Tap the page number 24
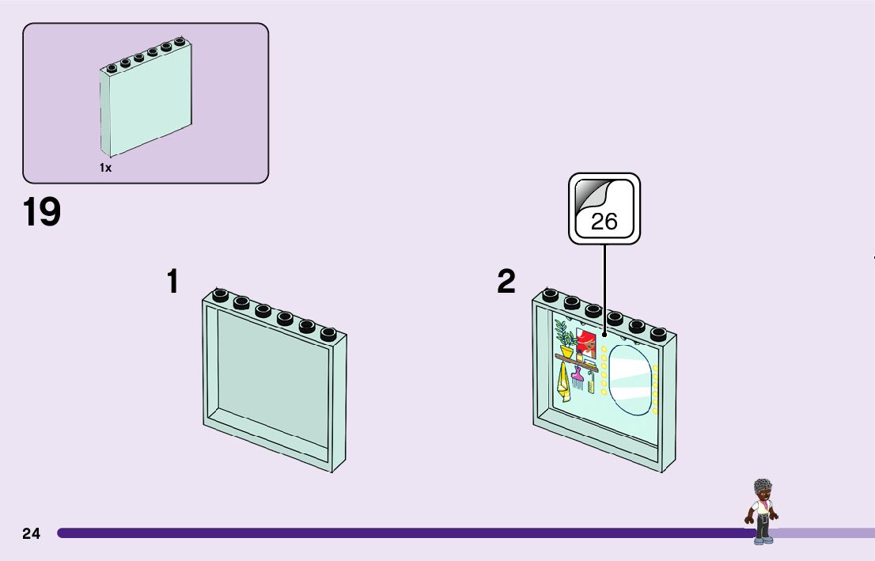(31, 533)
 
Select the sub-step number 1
(172, 282)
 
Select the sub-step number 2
(506, 282)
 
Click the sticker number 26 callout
(604, 208)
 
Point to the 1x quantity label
(105, 168)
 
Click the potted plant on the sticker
(566, 340)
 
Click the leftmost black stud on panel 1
(221, 296)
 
